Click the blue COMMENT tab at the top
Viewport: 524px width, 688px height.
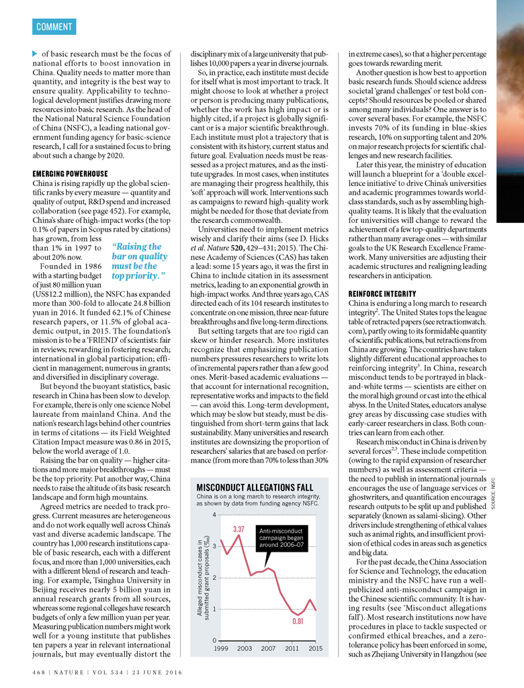[x=54, y=27]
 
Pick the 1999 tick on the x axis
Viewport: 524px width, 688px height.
[x=220, y=648]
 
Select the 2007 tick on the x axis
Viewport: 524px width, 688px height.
[x=268, y=648]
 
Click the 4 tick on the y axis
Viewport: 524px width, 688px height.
[x=214, y=515]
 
